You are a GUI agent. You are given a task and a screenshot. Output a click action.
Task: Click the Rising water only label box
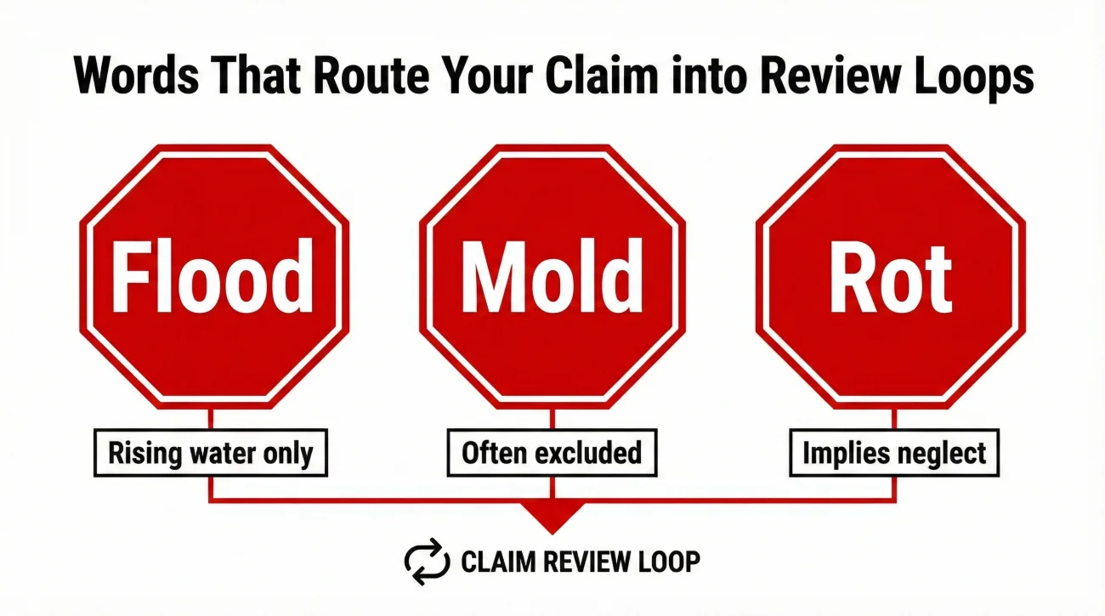pyautogui.click(x=210, y=453)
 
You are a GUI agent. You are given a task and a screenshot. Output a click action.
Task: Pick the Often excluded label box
pyautogui.click(x=552, y=453)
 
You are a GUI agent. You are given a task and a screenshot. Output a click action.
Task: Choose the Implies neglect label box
pyautogui.click(x=893, y=453)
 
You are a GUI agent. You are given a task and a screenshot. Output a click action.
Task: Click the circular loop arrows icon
pyautogui.click(x=425, y=561)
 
